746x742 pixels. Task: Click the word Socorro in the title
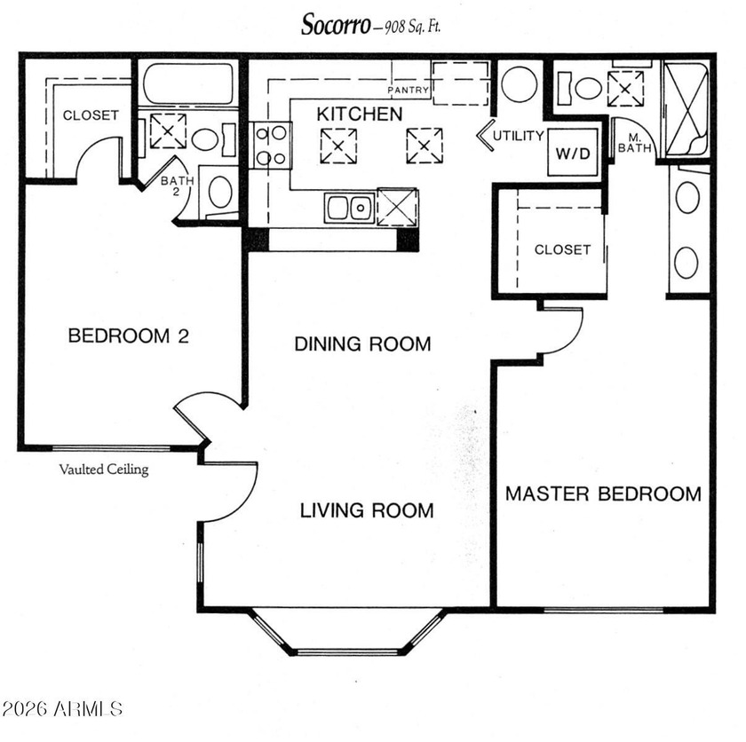click(x=336, y=24)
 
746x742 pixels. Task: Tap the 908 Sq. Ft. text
click(x=412, y=27)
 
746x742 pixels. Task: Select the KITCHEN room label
click(x=360, y=114)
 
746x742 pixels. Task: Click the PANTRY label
click(x=408, y=90)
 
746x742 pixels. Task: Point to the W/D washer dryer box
click(x=573, y=153)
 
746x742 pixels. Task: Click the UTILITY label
click(x=518, y=136)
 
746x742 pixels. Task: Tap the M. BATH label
click(x=634, y=143)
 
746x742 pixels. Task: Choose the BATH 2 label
click(x=177, y=185)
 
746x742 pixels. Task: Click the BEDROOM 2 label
click(x=129, y=336)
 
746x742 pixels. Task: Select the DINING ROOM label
click(x=362, y=343)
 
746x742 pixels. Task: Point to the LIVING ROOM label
click(x=367, y=510)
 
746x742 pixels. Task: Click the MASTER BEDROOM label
click(x=603, y=493)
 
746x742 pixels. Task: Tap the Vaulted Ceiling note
click(x=104, y=470)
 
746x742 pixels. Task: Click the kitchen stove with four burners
click(x=272, y=146)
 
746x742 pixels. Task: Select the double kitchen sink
click(x=349, y=208)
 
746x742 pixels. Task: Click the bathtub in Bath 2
click(x=188, y=83)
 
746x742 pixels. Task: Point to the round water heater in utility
click(x=519, y=84)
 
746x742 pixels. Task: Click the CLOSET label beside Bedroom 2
click(x=91, y=115)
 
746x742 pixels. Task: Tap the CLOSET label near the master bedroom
click(x=562, y=249)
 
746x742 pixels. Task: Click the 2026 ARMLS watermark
click(x=62, y=709)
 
